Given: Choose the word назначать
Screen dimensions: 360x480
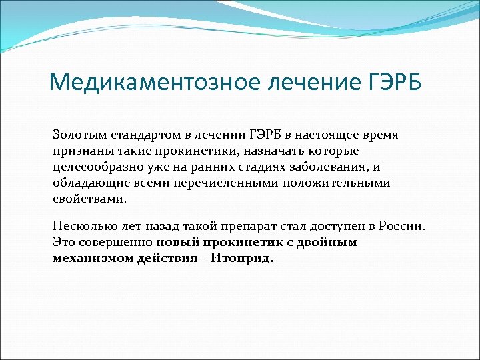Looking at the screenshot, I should click(251, 151).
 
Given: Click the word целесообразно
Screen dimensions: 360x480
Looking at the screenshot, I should click(96, 167).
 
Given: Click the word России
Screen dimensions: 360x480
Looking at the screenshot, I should click(400, 226).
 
